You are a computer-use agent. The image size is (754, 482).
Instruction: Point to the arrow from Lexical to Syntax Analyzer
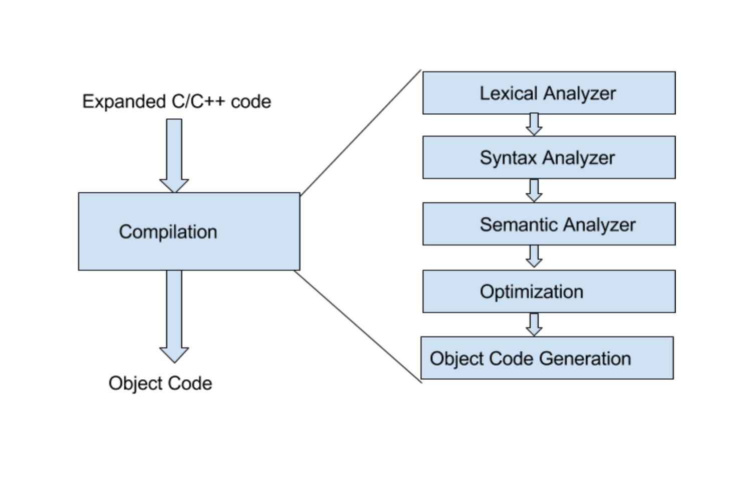(534, 124)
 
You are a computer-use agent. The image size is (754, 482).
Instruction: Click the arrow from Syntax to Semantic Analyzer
(534, 190)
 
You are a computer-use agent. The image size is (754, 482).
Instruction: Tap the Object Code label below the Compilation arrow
(160, 383)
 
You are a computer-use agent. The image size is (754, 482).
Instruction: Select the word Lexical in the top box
(509, 93)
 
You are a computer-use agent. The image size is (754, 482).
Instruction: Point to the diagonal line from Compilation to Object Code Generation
(358, 327)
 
